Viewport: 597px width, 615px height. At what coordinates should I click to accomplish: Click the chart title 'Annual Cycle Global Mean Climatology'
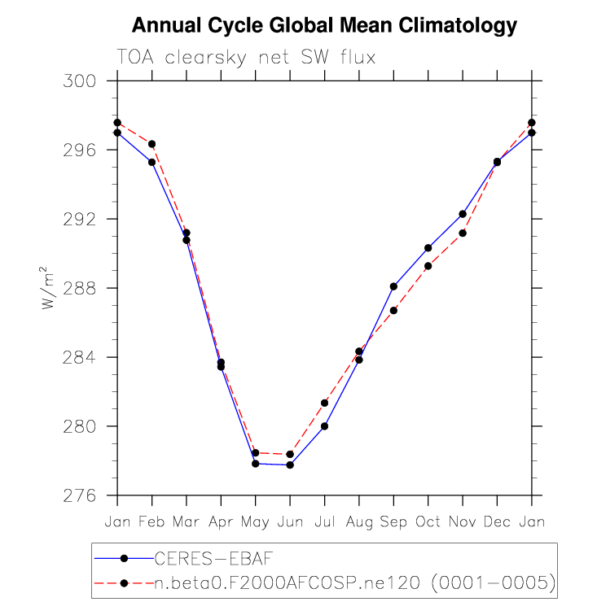coord(324,26)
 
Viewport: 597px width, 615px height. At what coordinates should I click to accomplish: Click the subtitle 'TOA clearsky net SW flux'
coord(246,56)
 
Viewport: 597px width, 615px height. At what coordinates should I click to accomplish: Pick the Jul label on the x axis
coord(324,521)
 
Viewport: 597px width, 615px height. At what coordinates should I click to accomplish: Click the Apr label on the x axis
coord(221,521)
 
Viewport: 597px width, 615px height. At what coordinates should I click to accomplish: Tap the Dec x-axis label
coord(497,521)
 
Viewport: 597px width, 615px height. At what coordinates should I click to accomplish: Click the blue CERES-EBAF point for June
coord(290,465)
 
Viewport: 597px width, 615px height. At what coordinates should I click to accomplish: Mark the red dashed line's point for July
coord(324,403)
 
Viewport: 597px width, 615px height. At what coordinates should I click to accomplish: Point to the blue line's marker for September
coord(393,286)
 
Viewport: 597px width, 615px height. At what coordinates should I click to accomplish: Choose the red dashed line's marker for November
coord(463,233)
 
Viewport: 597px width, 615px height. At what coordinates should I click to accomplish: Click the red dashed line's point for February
coord(151,144)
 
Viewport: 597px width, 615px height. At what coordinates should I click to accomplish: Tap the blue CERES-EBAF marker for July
coord(324,426)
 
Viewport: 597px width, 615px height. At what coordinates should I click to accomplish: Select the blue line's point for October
coord(428,247)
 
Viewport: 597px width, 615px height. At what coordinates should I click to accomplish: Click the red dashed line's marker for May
coord(255,453)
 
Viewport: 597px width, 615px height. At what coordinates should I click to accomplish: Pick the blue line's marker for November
coord(463,214)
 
